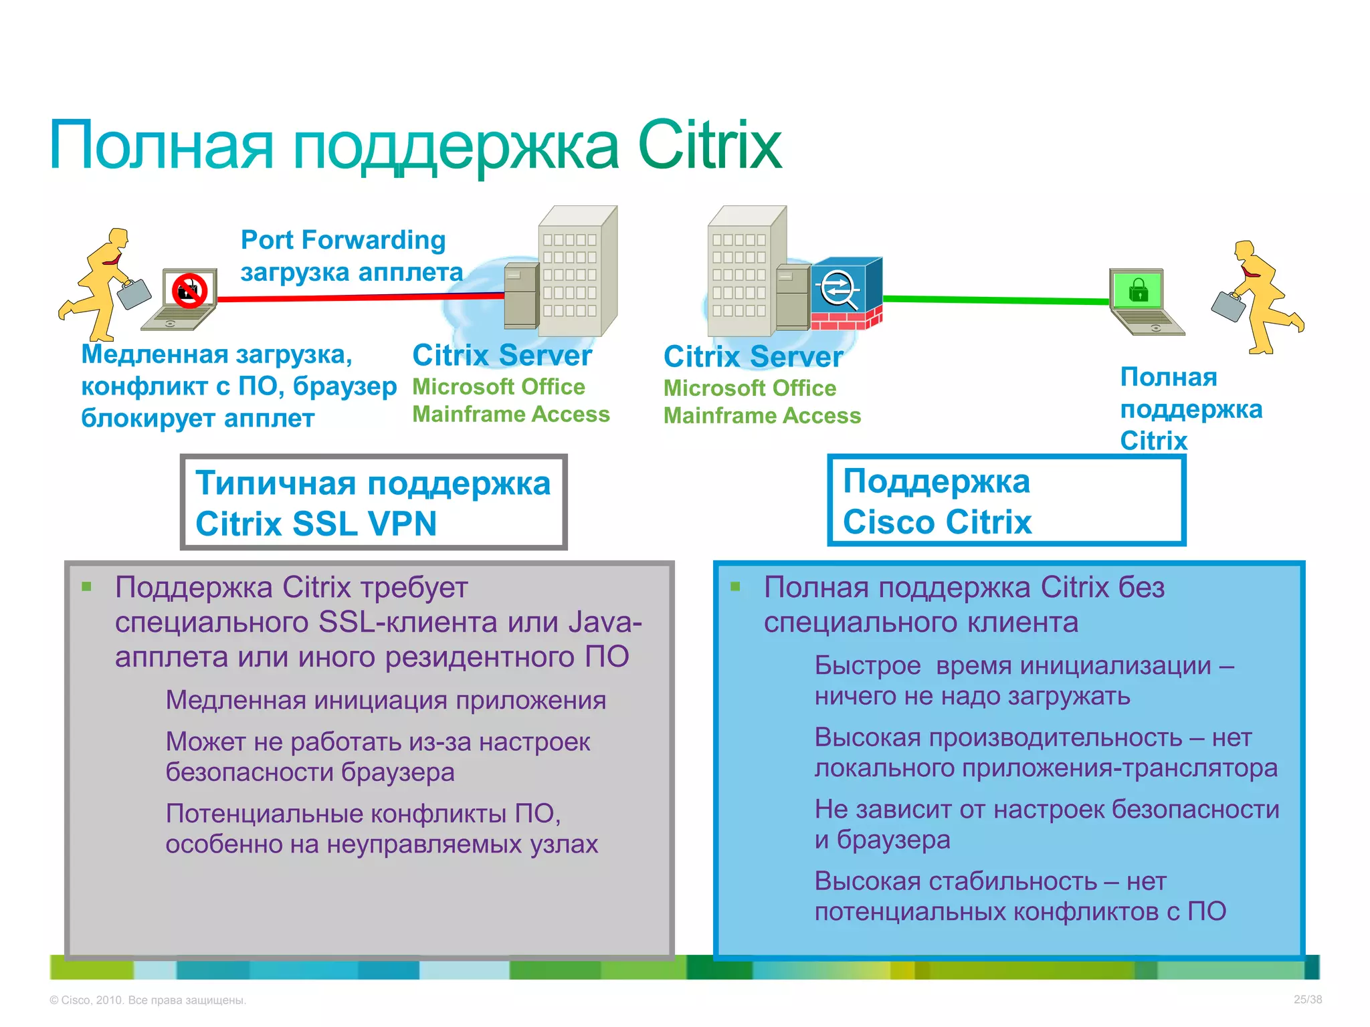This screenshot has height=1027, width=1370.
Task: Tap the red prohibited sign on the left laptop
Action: (189, 291)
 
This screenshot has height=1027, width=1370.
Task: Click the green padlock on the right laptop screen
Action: (1138, 290)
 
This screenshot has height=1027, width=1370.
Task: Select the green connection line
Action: (997, 300)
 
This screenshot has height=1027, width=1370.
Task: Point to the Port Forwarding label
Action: (343, 240)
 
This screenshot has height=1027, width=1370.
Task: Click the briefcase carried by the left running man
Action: (134, 293)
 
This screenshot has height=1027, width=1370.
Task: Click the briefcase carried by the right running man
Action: (1229, 306)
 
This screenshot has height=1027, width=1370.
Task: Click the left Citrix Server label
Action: (502, 355)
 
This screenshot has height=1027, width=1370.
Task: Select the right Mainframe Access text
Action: (762, 416)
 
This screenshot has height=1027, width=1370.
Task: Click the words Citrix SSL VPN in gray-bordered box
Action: (316, 524)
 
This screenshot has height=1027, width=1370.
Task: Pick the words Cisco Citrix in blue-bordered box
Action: (937, 522)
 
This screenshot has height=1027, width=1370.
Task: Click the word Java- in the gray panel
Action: (605, 622)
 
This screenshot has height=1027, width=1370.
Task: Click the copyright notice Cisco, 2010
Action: (148, 1000)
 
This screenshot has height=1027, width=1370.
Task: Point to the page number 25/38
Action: (1307, 1000)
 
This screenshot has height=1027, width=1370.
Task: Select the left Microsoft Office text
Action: (498, 386)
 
